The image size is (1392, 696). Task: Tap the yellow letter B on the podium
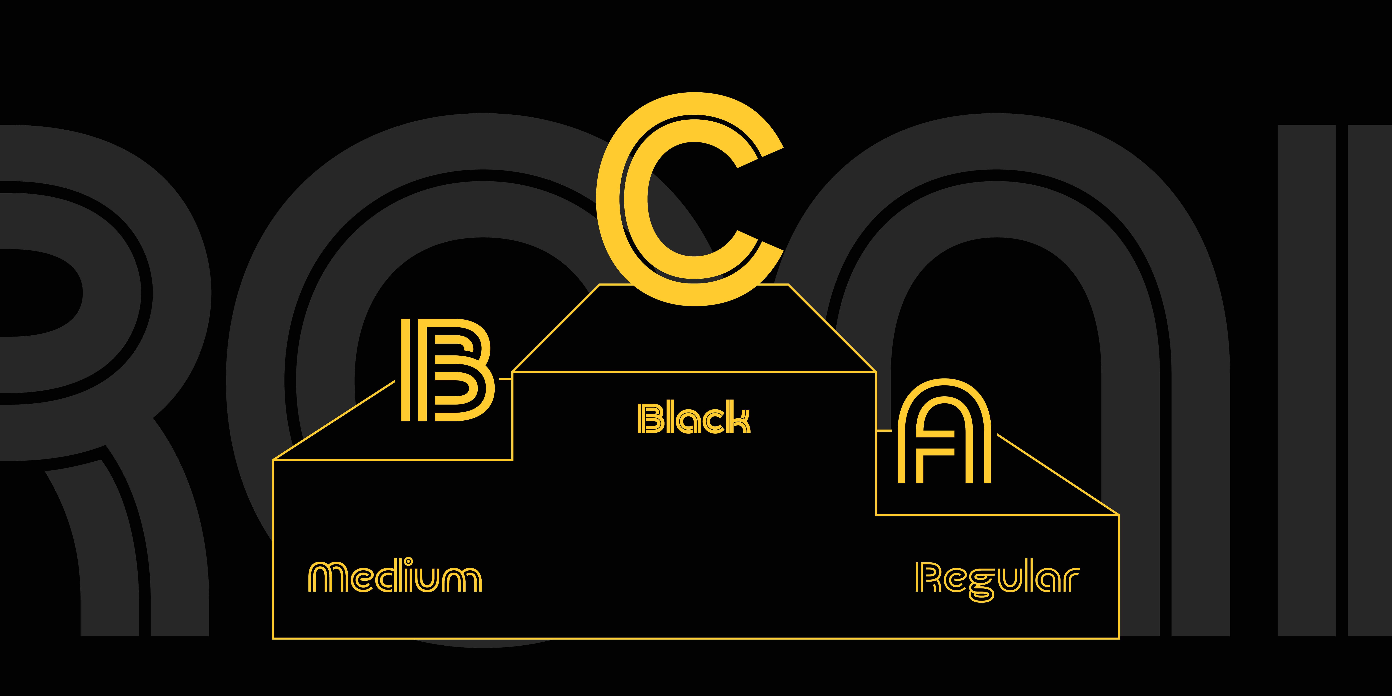(447, 370)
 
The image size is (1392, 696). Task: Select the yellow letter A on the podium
(944, 432)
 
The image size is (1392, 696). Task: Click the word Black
(694, 418)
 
